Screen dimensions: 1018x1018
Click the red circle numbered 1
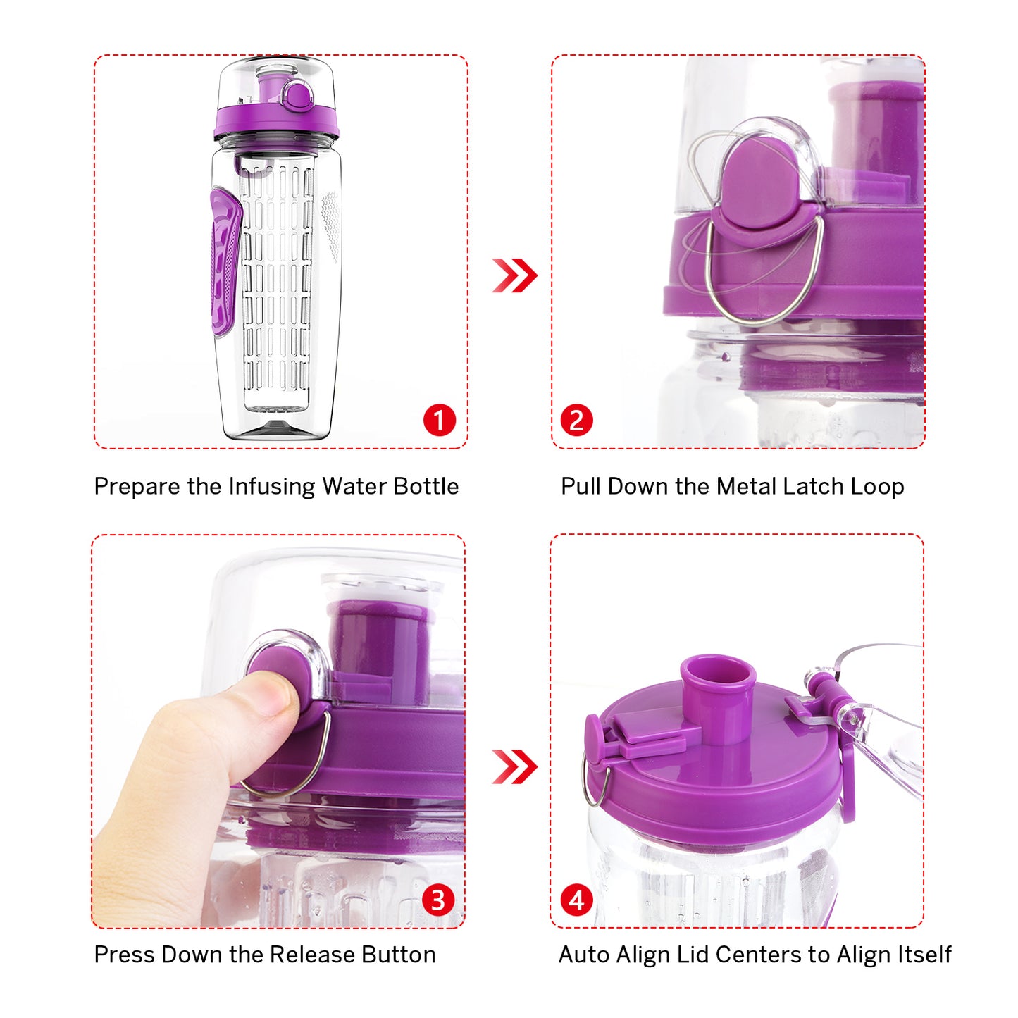click(439, 421)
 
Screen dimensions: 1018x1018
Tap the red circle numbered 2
click(576, 421)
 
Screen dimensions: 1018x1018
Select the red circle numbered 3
click(437, 900)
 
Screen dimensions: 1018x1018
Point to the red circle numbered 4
click(576, 900)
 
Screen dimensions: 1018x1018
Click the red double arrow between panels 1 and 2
click(514, 275)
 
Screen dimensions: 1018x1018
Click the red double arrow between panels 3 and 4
click(514, 767)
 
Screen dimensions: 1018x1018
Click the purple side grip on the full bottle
click(225, 261)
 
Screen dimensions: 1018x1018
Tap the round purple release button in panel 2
click(759, 189)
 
